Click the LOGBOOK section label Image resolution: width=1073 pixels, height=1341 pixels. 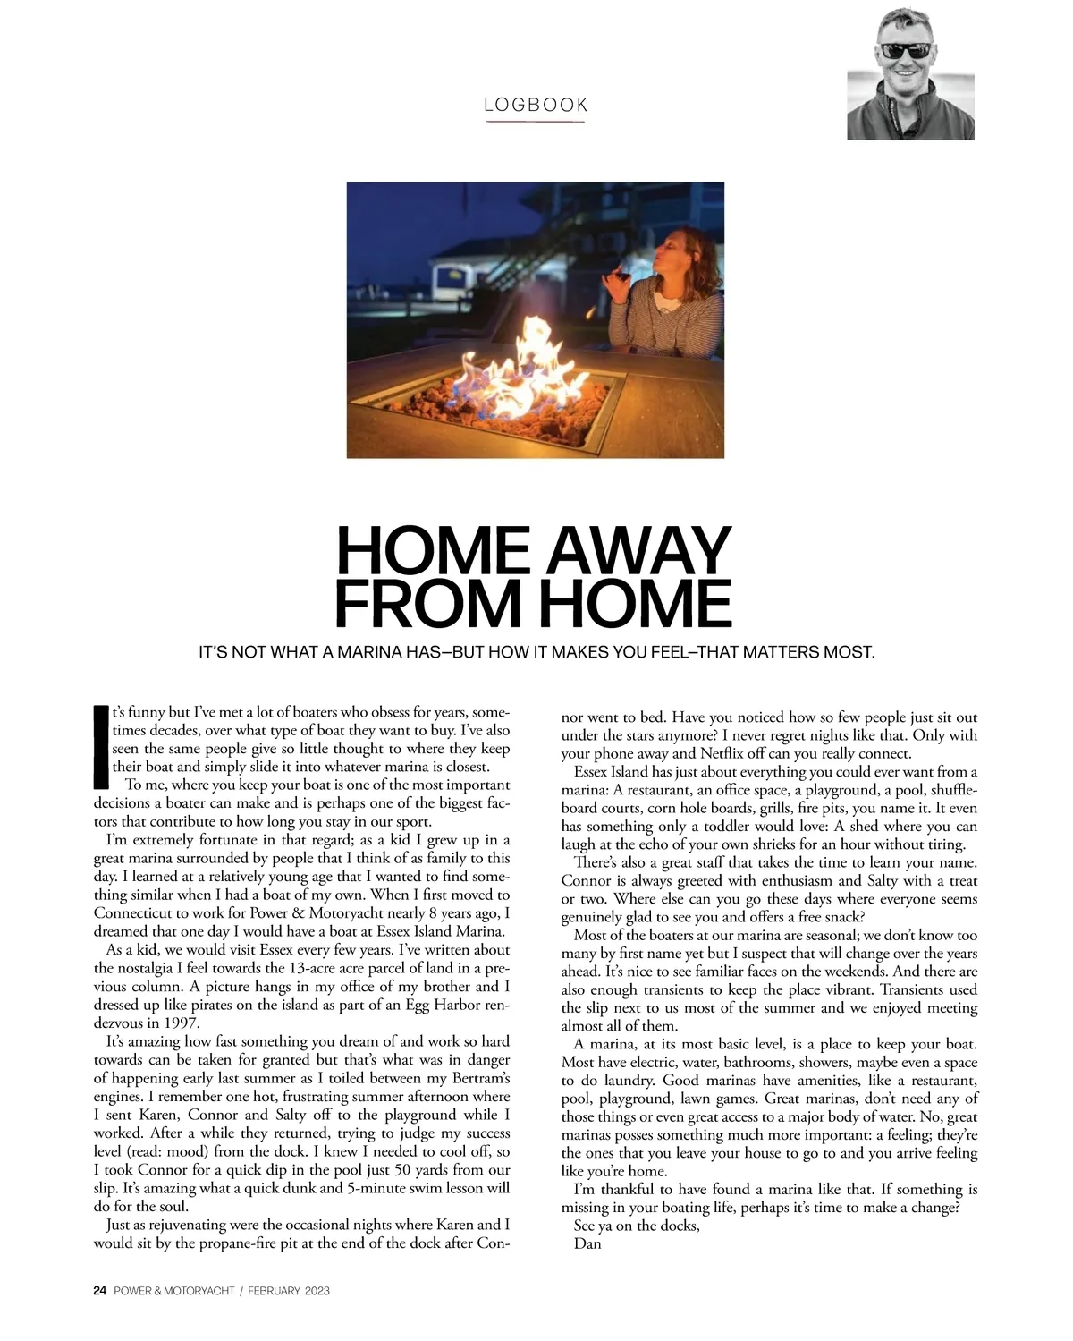click(x=536, y=105)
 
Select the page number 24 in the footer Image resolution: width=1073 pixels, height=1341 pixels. click(x=100, y=1291)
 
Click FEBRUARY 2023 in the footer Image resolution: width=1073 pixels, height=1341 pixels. click(x=289, y=1291)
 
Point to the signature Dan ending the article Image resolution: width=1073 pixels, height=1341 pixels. click(x=587, y=1243)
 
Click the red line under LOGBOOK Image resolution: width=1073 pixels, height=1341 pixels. click(x=536, y=121)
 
